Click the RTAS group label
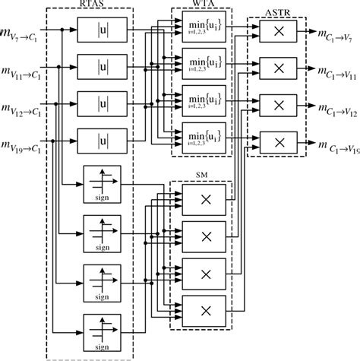tap(90, 5)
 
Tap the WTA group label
tap(201, 5)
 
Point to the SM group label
tap(201, 176)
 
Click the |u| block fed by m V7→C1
tap(101, 31)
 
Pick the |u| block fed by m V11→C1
tap(101, 67)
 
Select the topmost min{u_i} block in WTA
tap(201, 28)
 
